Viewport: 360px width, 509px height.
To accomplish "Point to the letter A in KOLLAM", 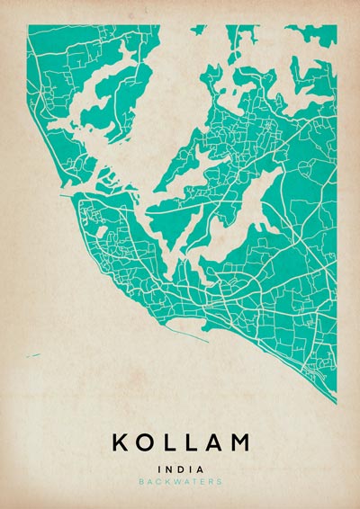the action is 213,442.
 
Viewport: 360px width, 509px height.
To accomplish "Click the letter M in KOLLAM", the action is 239,442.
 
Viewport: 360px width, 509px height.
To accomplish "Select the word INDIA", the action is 180,469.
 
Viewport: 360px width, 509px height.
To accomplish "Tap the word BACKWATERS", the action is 180,482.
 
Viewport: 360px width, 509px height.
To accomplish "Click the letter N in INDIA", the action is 167,469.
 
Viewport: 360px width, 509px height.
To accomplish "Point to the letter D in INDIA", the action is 179,469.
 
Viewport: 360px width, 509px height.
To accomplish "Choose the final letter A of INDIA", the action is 200,469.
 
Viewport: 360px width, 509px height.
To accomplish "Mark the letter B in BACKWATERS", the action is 141,482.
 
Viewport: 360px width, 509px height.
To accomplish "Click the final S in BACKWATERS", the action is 219,482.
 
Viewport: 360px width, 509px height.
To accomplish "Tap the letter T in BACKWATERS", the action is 193,482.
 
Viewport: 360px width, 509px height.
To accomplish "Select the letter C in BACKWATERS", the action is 158,482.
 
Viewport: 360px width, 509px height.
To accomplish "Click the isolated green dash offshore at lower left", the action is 33,356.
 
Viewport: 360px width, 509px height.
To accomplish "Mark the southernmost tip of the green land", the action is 335,401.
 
